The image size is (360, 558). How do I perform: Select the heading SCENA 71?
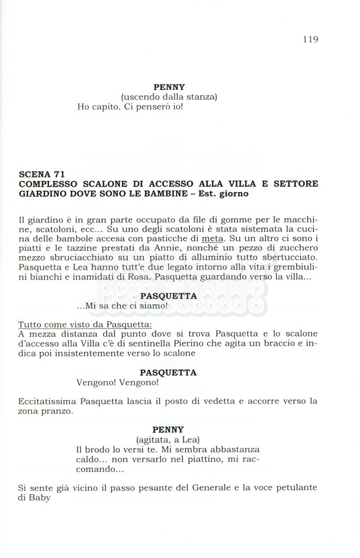[42, 174]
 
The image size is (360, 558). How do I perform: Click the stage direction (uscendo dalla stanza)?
[169, 97]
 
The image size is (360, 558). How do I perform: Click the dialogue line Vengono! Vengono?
[118, 383]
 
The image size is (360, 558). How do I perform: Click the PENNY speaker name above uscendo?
[169, 87]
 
